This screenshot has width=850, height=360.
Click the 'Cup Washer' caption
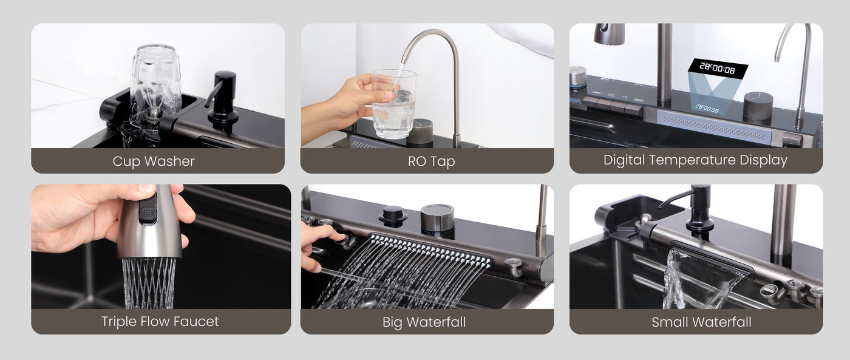coord(153,161)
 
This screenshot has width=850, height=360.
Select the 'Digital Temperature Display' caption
coord(695,160)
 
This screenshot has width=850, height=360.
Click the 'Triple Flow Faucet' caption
coord(160,322)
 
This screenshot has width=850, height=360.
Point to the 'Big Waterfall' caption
coord(424,322)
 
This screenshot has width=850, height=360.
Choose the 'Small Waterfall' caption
coord(701,322)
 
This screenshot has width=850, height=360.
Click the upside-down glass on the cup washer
coord(155,83)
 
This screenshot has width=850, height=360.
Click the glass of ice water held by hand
coord(394,104)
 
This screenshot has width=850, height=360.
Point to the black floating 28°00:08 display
coord(718,68)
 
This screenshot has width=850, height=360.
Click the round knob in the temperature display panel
coord(758,106)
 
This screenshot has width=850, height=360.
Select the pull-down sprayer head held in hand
coord(149,222)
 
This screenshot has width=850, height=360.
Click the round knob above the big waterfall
coord(437,218)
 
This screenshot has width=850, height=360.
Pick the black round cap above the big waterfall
coord(393,215)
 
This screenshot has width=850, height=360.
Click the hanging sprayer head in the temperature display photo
coord(609,34)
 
